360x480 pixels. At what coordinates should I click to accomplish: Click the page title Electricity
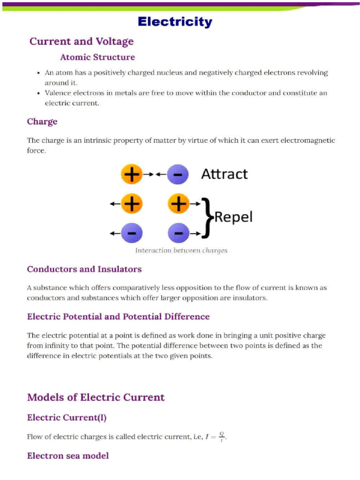[x=175, y=22]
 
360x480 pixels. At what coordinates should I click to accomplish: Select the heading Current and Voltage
[x=82, y=41]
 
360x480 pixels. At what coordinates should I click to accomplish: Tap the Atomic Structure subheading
[x=97, y=57]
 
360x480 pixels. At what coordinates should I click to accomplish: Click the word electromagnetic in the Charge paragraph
[x=307, y=140]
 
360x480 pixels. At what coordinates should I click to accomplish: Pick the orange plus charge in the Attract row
[x=131, y=174]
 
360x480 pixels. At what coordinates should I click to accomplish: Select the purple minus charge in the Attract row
[x=178, y=174]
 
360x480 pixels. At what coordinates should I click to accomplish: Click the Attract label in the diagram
[x=224, y=174]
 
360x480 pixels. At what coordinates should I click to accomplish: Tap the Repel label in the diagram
[x=233, y=217]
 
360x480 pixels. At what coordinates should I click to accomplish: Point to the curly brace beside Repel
[x=207, y=217]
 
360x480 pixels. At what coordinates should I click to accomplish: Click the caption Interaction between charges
[x=181, y=250]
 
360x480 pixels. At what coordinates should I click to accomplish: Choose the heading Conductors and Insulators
[x=84, y=269]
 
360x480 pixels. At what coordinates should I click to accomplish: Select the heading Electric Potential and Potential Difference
[x=118, y=316]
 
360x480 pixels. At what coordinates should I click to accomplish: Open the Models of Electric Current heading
[x=96, y=397]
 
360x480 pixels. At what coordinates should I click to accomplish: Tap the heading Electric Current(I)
[x=67, y=417]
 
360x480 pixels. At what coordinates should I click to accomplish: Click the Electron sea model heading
[x=68, y=456]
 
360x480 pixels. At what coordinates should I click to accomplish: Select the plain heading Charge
[x=42, y=121]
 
